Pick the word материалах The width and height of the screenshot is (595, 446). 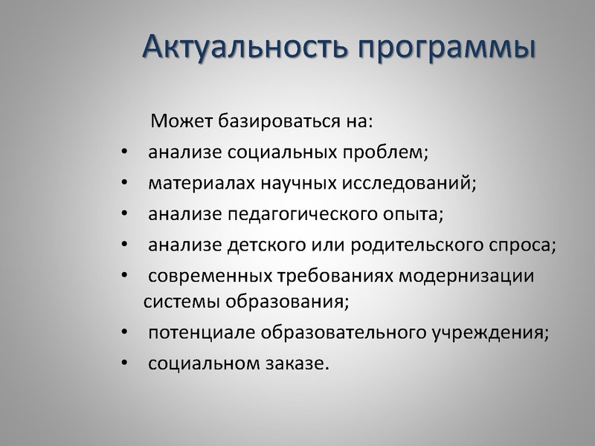coord(196,183)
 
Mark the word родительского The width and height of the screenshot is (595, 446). coord(398,245)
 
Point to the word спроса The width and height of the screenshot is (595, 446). coord(521,245)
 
